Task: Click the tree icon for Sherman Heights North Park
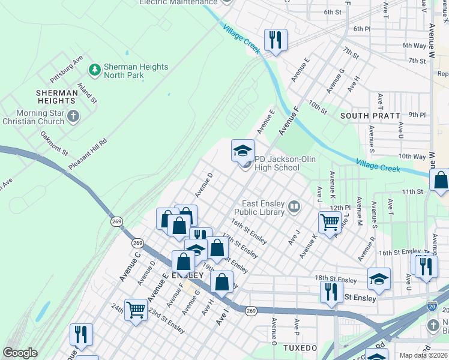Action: [94, 71]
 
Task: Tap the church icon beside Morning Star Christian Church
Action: [73, 116]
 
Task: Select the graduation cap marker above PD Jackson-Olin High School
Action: [243, 151]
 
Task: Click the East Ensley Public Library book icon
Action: [294, 208]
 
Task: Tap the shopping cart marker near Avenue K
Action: [330, 222]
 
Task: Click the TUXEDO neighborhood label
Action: [300, 348]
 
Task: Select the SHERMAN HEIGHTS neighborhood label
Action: [56, 97]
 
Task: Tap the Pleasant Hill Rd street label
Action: [87, 153]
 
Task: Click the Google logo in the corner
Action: [20, 353]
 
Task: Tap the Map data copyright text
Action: [424, 355]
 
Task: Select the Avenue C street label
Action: [129, 266]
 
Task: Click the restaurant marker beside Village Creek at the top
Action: [276, 40]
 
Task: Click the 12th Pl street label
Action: [339, 208]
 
